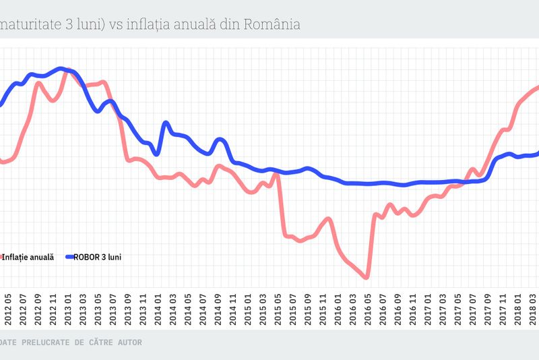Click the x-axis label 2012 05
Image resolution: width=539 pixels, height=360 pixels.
8,309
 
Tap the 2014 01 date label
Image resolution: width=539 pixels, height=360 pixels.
158,309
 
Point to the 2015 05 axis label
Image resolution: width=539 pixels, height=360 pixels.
278,309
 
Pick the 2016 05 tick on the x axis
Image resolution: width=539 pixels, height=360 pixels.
367,309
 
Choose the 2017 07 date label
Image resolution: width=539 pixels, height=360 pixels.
472,309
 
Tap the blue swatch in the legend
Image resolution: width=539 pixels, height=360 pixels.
72,257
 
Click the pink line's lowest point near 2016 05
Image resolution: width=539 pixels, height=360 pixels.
367,276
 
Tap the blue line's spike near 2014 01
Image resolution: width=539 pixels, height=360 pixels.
166,123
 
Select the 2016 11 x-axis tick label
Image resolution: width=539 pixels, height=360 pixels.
412,309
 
